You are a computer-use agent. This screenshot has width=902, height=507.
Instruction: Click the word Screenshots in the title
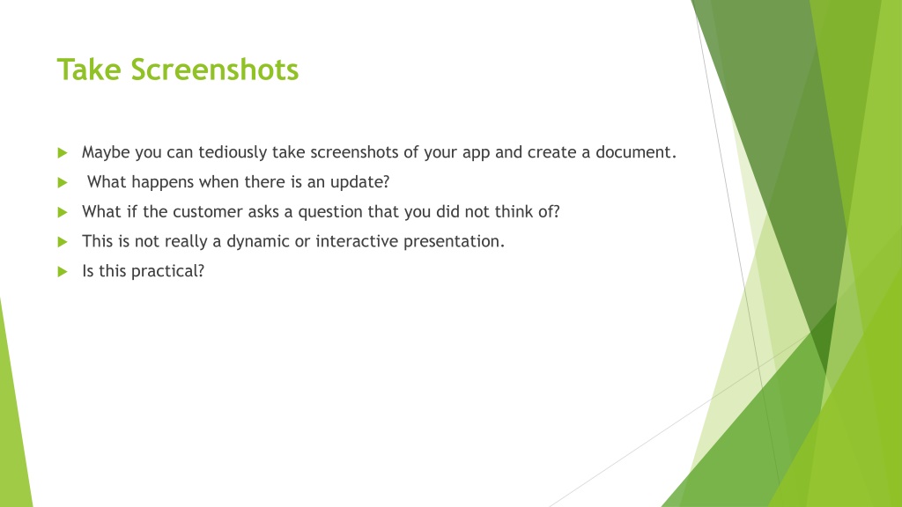[215, 70]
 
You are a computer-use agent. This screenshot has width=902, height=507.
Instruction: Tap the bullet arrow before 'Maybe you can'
[63, 153]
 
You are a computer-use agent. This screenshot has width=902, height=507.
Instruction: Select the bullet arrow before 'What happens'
[63, 183]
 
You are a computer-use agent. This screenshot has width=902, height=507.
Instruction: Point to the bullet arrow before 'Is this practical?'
[63, 272]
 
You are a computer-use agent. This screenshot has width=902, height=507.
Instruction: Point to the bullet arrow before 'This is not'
[63, 242]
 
